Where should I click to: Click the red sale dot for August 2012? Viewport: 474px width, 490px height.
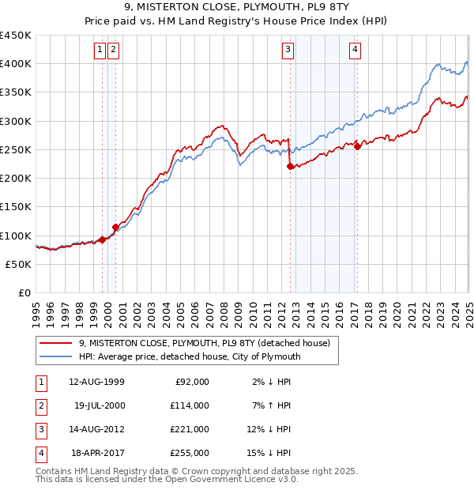coord(290,166)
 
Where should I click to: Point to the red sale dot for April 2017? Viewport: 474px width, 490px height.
coord(357,146)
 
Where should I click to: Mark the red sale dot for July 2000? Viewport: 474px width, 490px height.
coord(115,227)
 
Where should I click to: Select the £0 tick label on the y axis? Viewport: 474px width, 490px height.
coord(24,293)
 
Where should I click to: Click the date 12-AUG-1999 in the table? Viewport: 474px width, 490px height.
coord(96,382)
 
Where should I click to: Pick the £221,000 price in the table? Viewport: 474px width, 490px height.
coord(190,429)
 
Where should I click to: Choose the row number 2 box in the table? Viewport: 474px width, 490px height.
coord(39,405)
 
